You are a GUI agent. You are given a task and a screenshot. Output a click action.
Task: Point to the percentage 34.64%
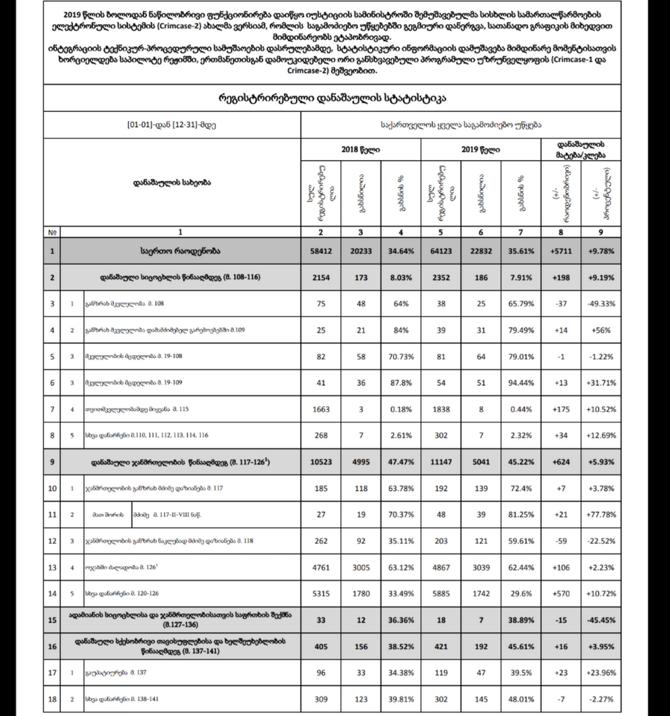tap(401, 250)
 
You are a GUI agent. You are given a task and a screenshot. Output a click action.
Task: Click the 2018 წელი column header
tap(361, 150)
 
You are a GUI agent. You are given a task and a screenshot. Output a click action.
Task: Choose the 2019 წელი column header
tap(481, 150)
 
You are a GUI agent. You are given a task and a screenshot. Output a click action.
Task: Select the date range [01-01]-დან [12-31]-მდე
tap(171, 126)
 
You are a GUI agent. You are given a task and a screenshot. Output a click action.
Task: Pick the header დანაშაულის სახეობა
tap(172, 182)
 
